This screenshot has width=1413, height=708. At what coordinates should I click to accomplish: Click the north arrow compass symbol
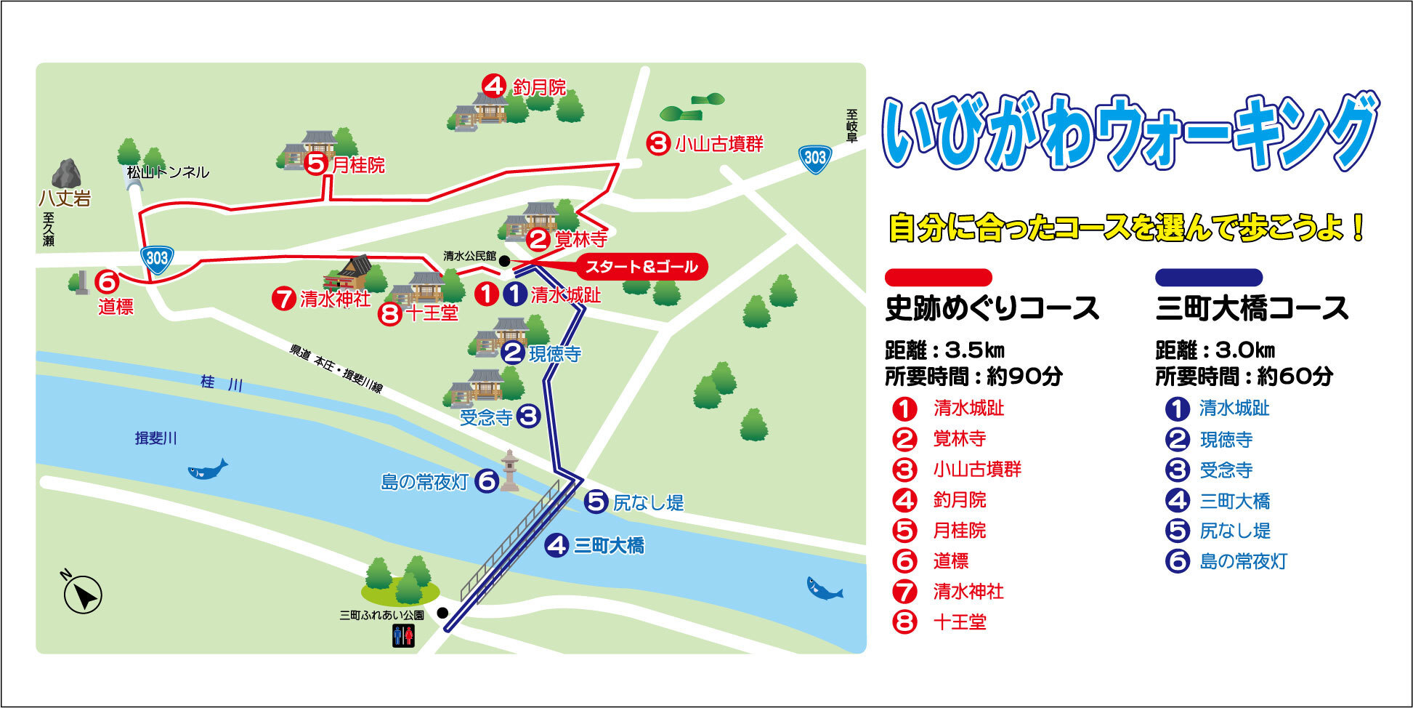click(83, 594)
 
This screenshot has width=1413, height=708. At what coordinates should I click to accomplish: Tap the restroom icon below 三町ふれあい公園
click(403, 636)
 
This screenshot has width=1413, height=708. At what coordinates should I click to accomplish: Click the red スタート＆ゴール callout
click(641, 267)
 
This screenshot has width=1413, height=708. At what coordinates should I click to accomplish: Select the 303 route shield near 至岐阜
click(815, 158)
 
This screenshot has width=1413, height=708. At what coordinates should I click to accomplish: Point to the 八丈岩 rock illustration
click(66, 175)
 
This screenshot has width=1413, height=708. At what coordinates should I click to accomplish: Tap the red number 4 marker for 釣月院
click(493, 87)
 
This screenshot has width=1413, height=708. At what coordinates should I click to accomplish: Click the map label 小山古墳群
click(719, 144)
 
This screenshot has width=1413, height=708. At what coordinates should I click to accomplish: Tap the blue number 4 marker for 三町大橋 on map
click(556, 545)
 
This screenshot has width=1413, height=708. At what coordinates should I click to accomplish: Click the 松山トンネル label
click(168, 172)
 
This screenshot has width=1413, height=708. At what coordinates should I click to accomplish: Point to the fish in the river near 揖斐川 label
click(208, 469)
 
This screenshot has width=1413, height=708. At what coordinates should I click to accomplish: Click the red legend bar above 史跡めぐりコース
click(938, 277)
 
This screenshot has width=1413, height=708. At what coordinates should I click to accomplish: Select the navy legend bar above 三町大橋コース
click(1208, 277)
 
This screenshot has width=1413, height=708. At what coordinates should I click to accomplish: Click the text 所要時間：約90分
click(973, 377)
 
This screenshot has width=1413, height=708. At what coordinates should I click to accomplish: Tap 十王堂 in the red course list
click(960, 622)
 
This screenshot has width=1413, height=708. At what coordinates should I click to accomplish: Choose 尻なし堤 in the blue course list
click(1235, 531)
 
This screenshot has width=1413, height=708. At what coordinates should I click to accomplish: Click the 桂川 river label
click(222, 383)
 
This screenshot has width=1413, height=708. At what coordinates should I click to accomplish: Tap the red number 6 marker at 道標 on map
click(107, 281)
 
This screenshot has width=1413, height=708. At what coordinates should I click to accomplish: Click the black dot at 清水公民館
click(504, 260)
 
